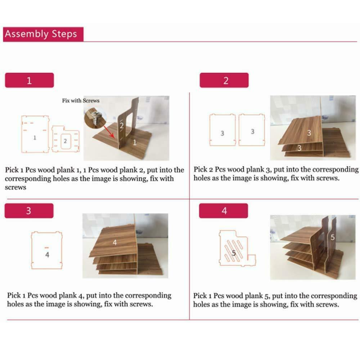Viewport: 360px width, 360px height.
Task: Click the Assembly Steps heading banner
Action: [x=43, y=34]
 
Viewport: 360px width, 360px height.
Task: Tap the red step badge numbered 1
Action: [x=30, y=80]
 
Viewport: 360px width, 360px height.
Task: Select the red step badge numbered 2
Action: [x=224, y=80]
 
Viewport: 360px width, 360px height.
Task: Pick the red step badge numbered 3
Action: [x=29, y=211]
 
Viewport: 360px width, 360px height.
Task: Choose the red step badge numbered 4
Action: [x=224, y=211]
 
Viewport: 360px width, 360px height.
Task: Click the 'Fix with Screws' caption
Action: [x=81, y=100]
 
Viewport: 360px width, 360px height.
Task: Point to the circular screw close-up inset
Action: [x=95, y=118]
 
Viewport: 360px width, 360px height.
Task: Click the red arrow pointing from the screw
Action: [x=109, y=131]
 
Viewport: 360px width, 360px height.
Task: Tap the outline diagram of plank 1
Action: [x=35, y=134]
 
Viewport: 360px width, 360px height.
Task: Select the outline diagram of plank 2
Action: [x=66, y=139]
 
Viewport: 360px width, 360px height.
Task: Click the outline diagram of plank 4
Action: [x=46, y=250]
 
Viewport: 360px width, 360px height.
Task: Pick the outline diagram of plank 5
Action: [x=237, y=248]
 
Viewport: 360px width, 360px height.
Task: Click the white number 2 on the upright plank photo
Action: [x=122, y=126]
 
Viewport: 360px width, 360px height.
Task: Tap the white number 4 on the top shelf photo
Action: [x=115, y=242]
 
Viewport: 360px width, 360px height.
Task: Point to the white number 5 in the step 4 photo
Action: [x=332, y=238]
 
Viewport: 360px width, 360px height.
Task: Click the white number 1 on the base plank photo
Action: [x=135, y=143]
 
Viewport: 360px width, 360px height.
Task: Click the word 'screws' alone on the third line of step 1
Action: [x=15, y=187]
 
